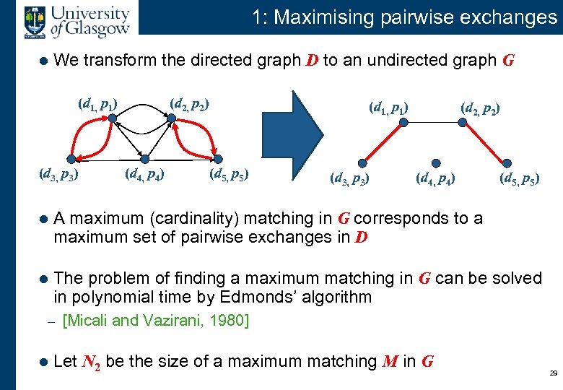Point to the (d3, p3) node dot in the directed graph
tap(70, 159)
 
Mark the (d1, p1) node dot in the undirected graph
tap(403, 123)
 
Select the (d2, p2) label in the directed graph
tap(189, 104)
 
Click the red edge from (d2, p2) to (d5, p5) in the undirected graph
tap(491, 142)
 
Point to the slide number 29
tap(553, 373)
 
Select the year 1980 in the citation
tap(231, 320)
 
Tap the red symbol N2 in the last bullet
tap(91, 361)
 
